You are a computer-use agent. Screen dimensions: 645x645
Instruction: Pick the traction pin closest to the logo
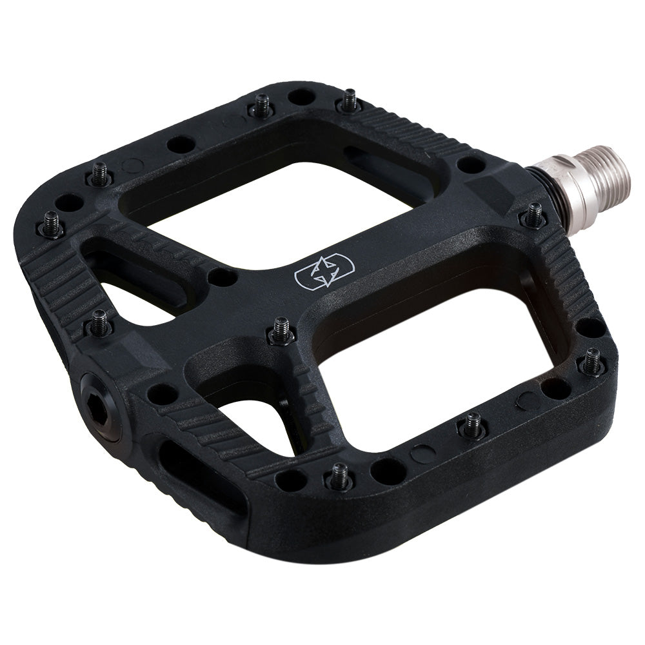[x=281, y=330]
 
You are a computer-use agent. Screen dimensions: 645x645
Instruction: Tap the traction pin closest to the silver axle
[x=534, y=214]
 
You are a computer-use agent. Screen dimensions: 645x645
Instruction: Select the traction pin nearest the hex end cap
[x=100, y=322]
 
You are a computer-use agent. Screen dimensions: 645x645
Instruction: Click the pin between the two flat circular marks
[x=472, y=424]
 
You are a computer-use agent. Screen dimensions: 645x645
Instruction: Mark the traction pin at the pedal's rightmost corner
[x=591, y=361]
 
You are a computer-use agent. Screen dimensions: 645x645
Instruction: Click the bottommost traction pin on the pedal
[x=340, y=476]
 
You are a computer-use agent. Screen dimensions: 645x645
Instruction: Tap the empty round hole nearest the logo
[x=222, y=277]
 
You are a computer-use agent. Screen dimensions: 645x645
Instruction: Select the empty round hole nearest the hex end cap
[x=162, y=393]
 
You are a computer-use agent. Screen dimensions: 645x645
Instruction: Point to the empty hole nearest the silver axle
[x=471, y=165]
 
